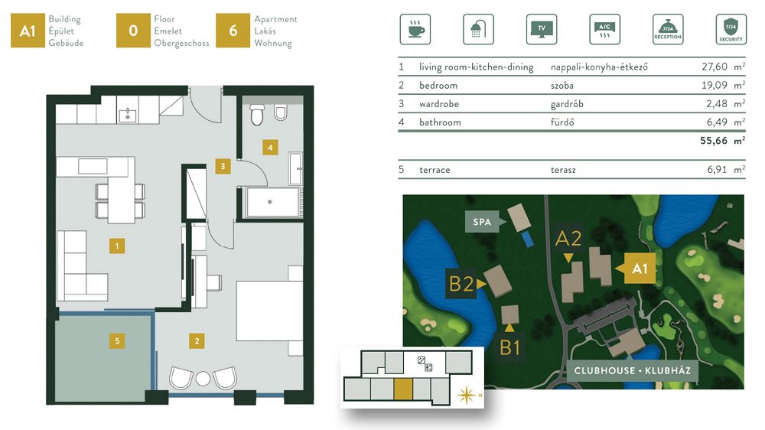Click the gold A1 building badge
click(x=28, y=31)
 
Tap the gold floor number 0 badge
click(x=133, y=31)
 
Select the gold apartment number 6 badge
click(x=233, y=31)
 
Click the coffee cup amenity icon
click(x=415, y=29)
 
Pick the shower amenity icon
click(x=478, y=29)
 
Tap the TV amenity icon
click(x=542, y=29)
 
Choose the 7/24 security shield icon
click(x=731, y=29)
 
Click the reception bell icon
click(x=668, y=29)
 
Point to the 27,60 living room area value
click(x=715, y=67)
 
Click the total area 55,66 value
click(x=714, y=141)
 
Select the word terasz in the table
click(x=563, y=170)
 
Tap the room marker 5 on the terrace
click(x=117, y=340)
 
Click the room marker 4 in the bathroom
click(x=270, y=148)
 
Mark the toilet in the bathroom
click(x=257, y=114)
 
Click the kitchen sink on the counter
click(x=128, y=116)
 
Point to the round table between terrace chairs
click(x=203, y=378)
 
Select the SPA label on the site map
click(x=481, y=222)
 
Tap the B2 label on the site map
click(x=461, y=284)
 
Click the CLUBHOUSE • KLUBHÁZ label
click(x=633, y=370)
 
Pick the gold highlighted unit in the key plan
click(x=403, y=389)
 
